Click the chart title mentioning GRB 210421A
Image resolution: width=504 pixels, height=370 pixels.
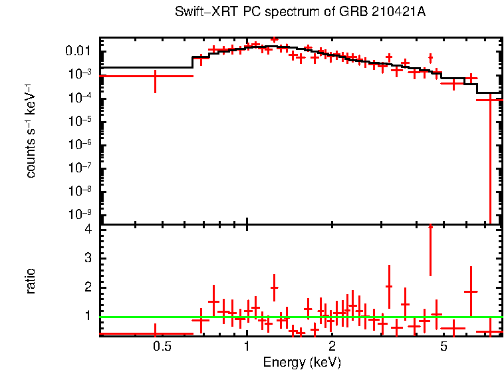coord(301,13)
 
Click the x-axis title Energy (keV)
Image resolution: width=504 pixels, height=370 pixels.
coord(302,362)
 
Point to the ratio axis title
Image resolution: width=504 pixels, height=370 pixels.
coord(31,281)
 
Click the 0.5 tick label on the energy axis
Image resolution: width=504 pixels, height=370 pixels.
coord(162,347)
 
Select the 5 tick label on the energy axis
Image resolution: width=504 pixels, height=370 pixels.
coord(443,347)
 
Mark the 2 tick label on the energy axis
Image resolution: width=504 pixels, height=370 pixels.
coord(332,347)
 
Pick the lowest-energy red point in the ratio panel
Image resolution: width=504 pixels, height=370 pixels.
coord(155,333)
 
